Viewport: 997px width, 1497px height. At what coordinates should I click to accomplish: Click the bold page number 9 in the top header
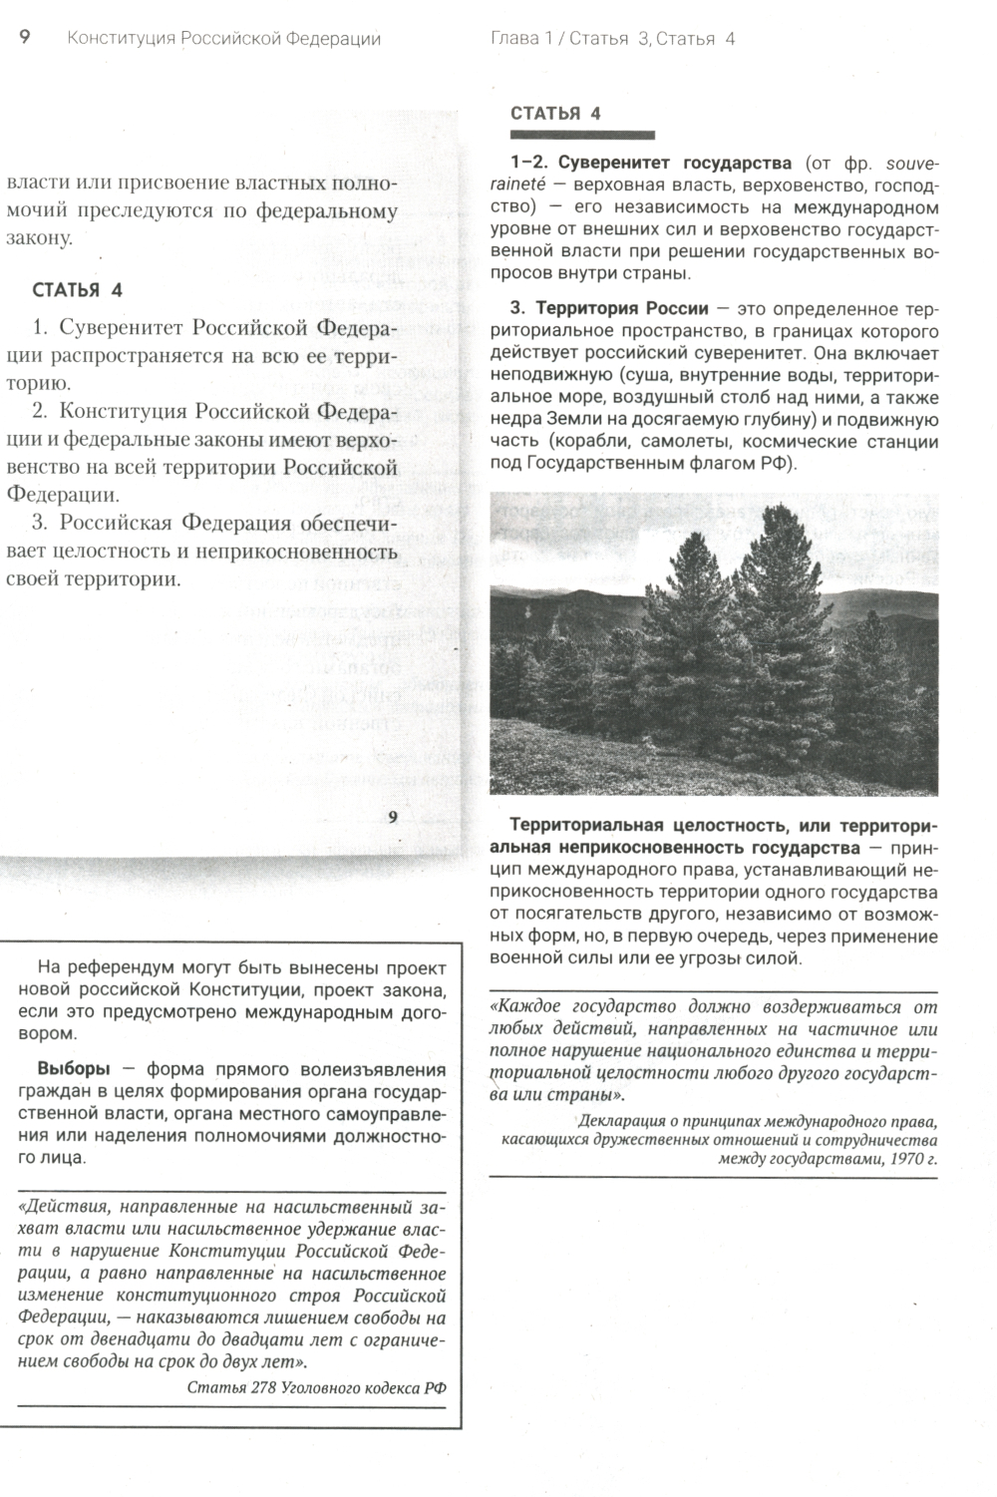[25, 38]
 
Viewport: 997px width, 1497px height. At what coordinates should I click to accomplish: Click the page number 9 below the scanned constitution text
[393, 817]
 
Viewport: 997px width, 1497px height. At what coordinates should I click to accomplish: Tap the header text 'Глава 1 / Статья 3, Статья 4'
[612, 39]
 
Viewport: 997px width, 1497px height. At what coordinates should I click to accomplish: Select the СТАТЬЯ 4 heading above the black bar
[555, 113]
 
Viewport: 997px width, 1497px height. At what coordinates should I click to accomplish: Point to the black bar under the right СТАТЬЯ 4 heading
[582, 135]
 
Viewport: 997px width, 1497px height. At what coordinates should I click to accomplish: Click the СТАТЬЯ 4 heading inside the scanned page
[78, 290]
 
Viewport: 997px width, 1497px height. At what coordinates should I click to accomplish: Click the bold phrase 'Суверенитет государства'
[674, 163]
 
